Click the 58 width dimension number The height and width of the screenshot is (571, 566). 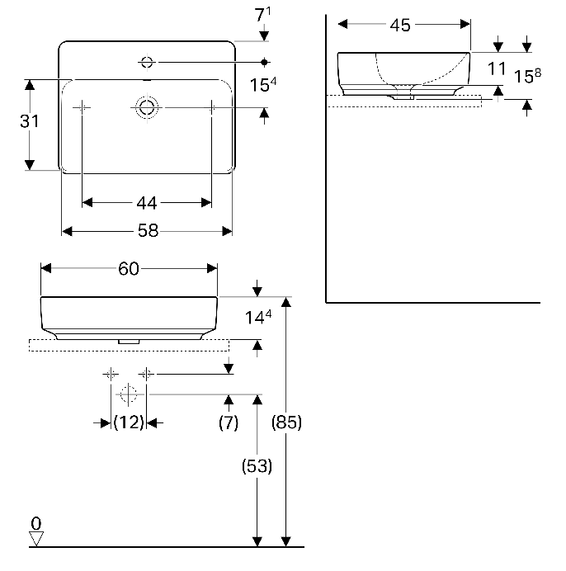coord(147,231)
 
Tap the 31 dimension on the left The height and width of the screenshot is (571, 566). coord(30,120)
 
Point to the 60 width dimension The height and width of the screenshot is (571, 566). coord(129,268)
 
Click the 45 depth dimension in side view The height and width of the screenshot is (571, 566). coord(400,25)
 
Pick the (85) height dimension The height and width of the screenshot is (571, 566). coord(287,422)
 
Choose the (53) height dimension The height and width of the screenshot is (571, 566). coord(257,465)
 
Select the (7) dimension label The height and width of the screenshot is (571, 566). coord(229,422)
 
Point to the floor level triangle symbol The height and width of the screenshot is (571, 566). coord(35,539)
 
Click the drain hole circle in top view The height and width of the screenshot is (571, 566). coord(147,107)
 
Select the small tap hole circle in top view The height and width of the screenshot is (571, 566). coord(148,61)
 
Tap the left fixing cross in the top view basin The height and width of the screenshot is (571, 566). coord(83,107)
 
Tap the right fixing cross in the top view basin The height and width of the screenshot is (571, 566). coord(212,107)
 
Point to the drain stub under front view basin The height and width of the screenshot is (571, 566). coord(129,340)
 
